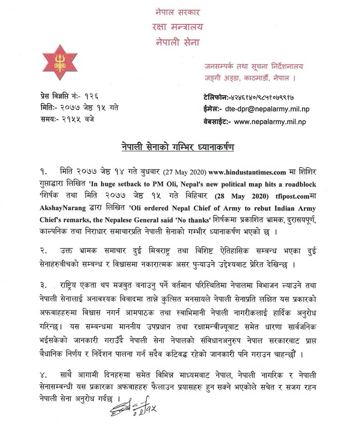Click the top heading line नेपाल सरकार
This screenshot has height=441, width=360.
178,11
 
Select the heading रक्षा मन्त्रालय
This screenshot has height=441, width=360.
178,27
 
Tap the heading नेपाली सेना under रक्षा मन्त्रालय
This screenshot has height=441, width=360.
178,44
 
